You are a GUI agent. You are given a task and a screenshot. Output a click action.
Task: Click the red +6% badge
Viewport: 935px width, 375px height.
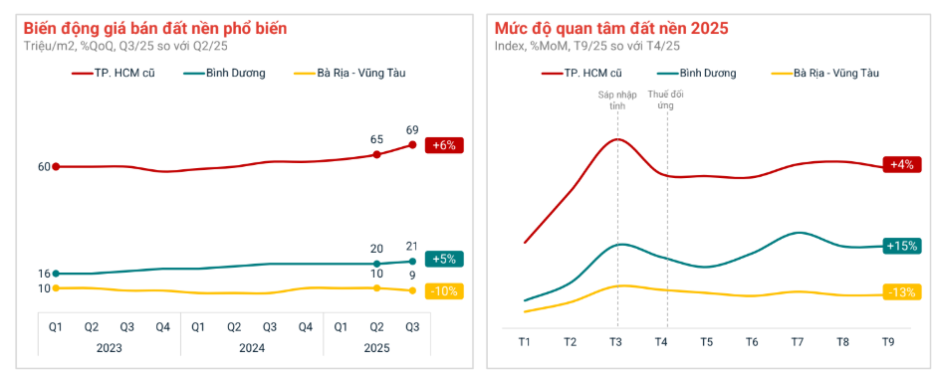coord(444,145)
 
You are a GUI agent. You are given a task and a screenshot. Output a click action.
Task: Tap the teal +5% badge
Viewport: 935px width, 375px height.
coord(444,259)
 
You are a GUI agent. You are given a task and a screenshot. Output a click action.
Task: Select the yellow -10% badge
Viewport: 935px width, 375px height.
coord(444,291)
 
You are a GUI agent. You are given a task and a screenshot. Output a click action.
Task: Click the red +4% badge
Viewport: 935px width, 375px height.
coord(902,164)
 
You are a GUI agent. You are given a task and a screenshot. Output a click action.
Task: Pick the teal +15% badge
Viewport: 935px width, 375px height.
coord(902,245)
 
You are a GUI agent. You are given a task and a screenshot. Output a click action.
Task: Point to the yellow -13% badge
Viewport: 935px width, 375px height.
coord(902,292)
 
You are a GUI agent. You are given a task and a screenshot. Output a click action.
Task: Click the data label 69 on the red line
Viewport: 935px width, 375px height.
coord(412,130)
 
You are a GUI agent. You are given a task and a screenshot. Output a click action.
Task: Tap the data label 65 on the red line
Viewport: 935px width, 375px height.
coord(376,140)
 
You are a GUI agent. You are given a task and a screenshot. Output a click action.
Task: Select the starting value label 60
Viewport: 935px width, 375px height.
coord(44,167)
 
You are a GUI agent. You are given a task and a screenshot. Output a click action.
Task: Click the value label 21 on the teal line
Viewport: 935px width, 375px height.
coord(412,247)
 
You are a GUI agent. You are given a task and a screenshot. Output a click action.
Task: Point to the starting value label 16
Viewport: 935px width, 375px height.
coord(44,274)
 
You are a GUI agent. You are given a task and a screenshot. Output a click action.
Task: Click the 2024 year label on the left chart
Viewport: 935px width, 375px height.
coord(251,347)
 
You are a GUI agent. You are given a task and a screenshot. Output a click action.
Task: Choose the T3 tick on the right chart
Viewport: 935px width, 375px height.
coord(616,342)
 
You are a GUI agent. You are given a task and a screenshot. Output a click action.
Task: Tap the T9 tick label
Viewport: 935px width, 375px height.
coord(888,342)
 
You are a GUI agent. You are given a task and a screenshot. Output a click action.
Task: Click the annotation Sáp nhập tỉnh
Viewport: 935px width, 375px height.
coord(616,99)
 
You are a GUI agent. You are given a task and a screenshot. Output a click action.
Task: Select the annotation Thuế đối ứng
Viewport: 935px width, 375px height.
coord(665,99)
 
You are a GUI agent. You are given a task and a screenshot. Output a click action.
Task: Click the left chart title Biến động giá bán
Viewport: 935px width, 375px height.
coord(155,29)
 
